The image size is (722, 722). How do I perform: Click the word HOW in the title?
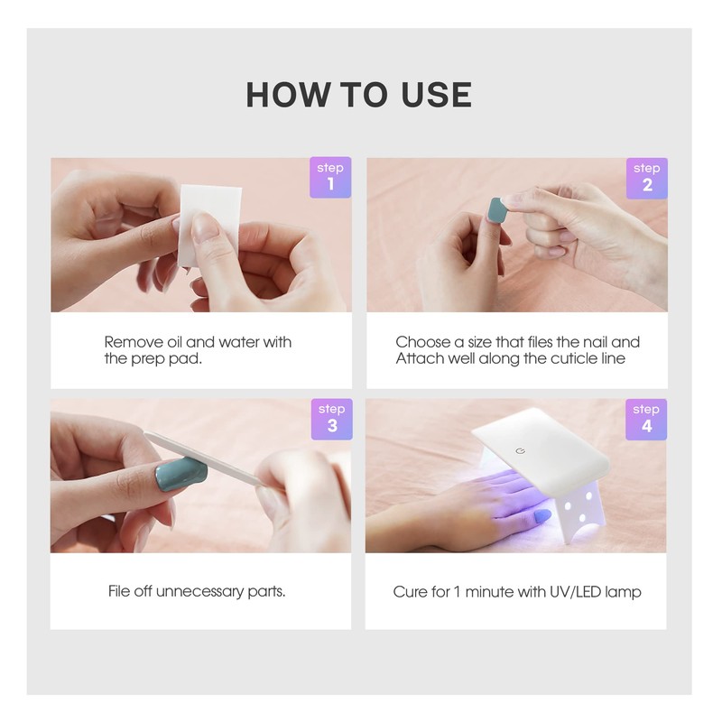pyautogui.click(x=288, y=95)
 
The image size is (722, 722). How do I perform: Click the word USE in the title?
pyautogui.click(x=437, y=95)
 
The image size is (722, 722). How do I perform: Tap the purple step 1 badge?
pyautogui.click(x=330, y=177)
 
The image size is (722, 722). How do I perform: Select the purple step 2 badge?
pyautogui.click(x=646, y=178)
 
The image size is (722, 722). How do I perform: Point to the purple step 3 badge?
pyautogui.click(x=332, y=419)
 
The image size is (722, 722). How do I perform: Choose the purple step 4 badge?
pyautogui.click(x=646, y=420)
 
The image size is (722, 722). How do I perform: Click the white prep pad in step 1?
pyautogui.click(x=208, y=225)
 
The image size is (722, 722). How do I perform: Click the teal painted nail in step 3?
pyautogui.click(x=180, y=475)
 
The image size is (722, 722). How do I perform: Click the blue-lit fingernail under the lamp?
pyautogui.click(x=542, y=515)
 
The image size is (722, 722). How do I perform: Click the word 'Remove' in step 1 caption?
pyautogui.click(x=134, y=342)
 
